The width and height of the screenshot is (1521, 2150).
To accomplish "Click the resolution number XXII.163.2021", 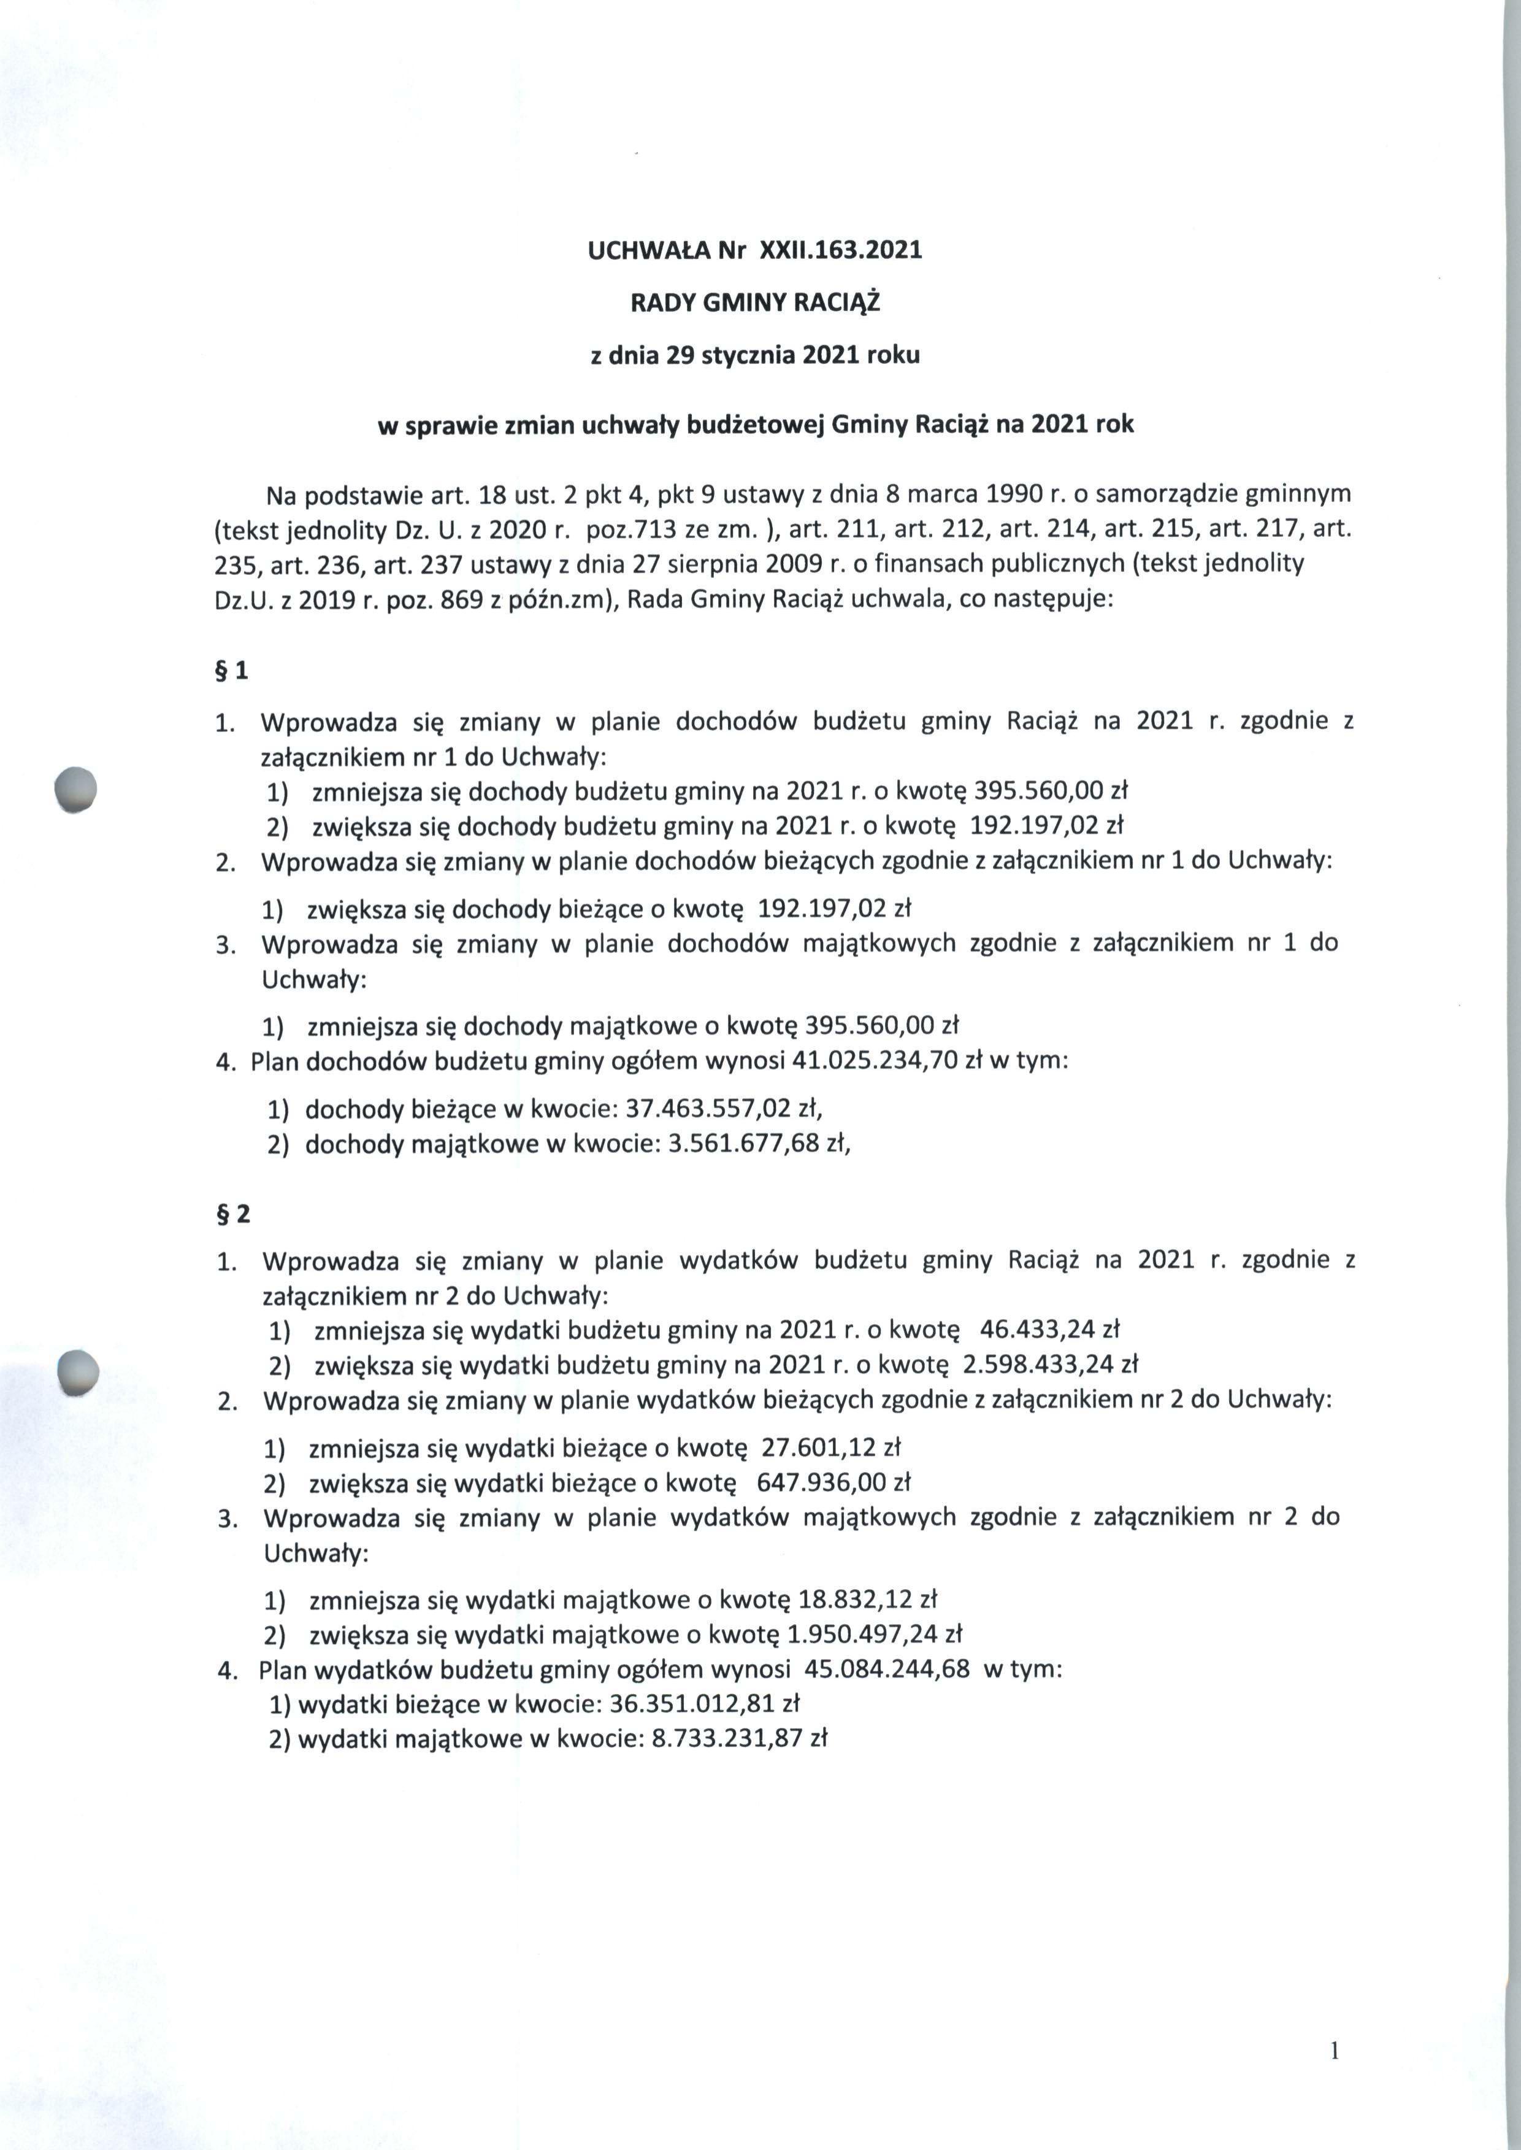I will coord(840,250).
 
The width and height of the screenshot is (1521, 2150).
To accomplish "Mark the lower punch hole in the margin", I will coord(78,1374).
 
